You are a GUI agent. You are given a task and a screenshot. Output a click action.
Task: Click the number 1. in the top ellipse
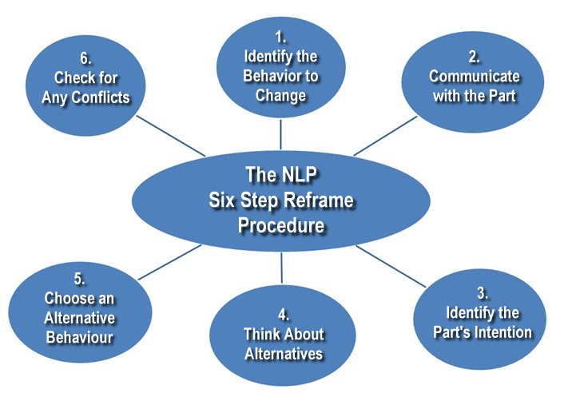281,38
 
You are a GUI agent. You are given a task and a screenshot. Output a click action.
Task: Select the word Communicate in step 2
474,77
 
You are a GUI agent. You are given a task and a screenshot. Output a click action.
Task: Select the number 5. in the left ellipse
79,279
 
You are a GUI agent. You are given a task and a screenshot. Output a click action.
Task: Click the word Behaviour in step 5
79,337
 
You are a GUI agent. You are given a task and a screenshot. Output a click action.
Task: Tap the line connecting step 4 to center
281,267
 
